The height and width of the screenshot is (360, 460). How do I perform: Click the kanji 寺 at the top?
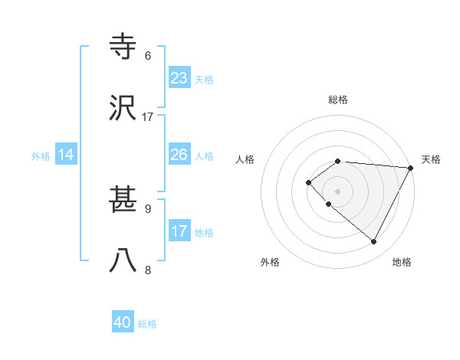123,47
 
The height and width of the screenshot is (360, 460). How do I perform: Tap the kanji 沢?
123,108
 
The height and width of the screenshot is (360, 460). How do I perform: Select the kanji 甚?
123,201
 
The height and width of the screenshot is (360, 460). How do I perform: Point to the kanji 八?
123,261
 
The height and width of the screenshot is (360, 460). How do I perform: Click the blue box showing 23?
179,78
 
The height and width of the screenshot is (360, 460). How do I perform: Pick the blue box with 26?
179,155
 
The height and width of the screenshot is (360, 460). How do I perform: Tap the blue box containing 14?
66,155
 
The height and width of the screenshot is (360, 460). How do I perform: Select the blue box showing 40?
123,322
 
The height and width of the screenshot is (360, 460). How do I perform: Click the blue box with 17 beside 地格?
179,231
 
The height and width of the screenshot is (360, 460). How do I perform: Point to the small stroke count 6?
148,56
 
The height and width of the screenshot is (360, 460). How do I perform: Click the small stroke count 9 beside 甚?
148,208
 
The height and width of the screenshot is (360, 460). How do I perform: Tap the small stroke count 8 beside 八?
148,269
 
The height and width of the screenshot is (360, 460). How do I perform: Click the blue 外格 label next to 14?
41,156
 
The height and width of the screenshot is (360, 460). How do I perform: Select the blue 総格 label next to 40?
147,324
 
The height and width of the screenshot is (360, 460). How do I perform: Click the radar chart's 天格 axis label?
431,159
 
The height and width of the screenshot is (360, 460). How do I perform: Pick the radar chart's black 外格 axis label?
270,262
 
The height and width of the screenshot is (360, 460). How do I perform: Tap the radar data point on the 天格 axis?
410,167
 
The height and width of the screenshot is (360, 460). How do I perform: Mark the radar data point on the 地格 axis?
374,242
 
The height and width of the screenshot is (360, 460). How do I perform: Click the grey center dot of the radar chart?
337,191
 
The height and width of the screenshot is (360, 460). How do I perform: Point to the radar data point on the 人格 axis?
308,182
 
